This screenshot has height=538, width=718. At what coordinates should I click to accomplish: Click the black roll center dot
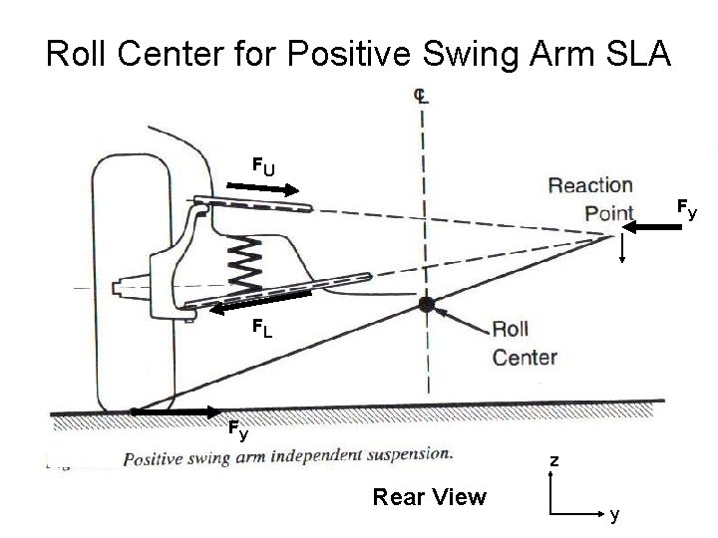point(427,305)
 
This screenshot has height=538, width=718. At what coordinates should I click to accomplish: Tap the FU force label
point(263,166)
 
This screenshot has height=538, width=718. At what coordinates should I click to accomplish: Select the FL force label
point(263,327)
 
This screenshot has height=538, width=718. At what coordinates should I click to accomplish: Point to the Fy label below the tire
point(237,432)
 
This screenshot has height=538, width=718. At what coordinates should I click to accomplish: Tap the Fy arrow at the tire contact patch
point(176,410)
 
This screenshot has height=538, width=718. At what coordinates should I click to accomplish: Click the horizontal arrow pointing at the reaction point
point(648,228)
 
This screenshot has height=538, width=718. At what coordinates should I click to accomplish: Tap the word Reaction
point(590,186)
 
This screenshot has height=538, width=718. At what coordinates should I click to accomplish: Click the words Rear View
point(429,496)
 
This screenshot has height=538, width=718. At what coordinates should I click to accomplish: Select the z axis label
point(555,462)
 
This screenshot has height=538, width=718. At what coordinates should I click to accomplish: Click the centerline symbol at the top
point(423,95)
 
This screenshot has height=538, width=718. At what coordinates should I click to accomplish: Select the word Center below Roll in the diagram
point(525,358)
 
